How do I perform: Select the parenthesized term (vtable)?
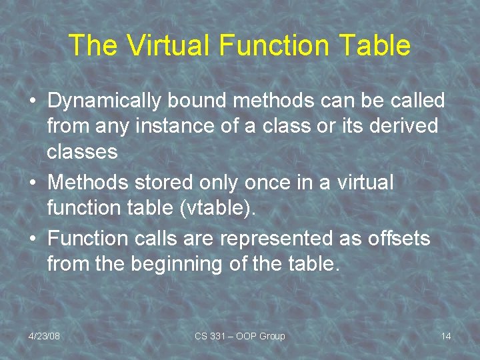point(217,208)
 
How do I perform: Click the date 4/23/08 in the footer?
point(44,336)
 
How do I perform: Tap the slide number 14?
point(446,336)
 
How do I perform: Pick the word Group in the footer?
point(273,336)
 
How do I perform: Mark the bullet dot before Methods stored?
point(33,183)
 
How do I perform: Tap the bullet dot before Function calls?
point(33,239)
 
